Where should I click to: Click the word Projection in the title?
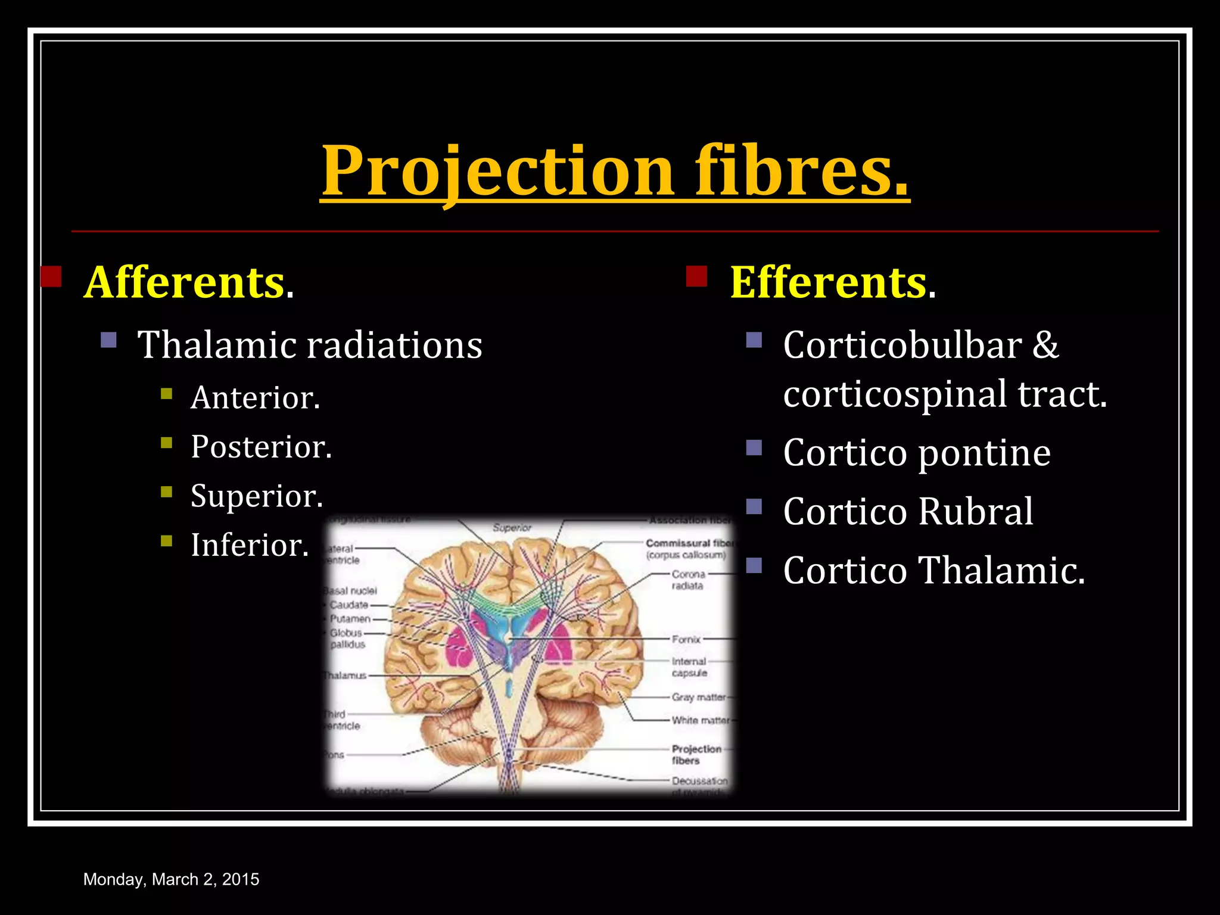(498, 172)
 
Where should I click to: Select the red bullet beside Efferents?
(696, 276)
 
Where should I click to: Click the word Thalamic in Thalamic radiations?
(216, 345)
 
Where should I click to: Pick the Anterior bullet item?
(255, 397)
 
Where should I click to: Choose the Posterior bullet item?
(261, 447)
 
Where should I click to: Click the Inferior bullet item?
(249, 545)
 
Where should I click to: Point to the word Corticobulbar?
(902, 345)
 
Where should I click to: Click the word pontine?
(984, 453)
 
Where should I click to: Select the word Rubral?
(975, 512)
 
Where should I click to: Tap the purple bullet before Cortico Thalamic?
(754, 565)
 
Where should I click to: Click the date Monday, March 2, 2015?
(171, 879)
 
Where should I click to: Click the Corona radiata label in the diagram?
(688, 580)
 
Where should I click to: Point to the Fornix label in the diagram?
(686, 639)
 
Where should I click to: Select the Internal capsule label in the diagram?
(689, 667)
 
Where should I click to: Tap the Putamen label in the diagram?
(350, 619)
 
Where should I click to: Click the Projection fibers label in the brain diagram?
(696, 755)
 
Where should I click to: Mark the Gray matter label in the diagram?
(698, 697)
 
